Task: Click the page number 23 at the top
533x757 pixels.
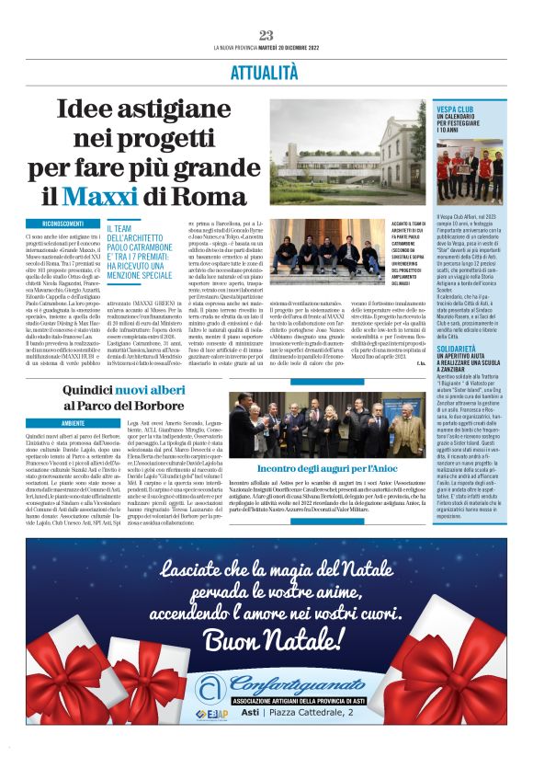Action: point(266,35)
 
